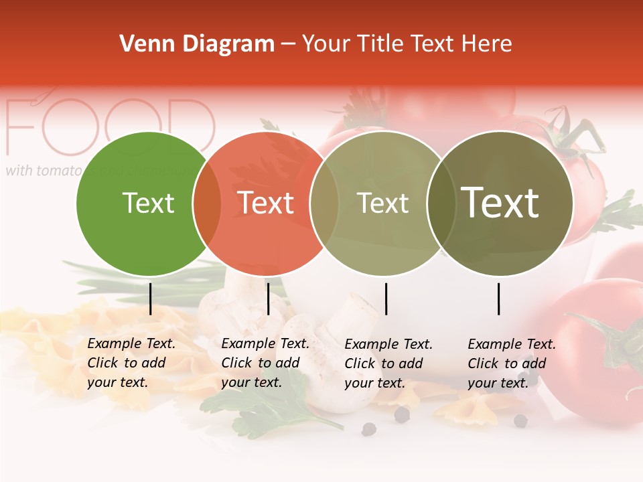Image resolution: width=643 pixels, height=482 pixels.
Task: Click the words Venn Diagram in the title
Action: tap(197, 44)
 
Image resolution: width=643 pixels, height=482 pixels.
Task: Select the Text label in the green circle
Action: tap(148, 203)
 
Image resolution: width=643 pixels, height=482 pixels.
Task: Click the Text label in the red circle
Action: tap(266, 203)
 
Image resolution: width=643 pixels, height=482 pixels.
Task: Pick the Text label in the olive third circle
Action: tap(382, 203)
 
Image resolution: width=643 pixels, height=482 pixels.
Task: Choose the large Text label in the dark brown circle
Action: tap(500, 203)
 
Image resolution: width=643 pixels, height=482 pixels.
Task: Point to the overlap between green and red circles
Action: tap(207, 203)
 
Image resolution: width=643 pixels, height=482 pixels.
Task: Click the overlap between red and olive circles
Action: tap(324, 203)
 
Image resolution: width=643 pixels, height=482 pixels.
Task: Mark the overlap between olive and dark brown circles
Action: tap(441, 203)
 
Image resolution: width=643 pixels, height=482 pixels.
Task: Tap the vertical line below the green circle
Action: tap(150, 299)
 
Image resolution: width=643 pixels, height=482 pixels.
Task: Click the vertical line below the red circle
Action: tap(268, 299)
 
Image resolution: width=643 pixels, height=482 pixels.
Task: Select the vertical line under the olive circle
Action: tap(386, 299)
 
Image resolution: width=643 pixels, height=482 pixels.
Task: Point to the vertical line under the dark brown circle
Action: tap(499, 299)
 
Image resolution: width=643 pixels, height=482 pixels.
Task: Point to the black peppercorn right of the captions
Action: tap(520, 420)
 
